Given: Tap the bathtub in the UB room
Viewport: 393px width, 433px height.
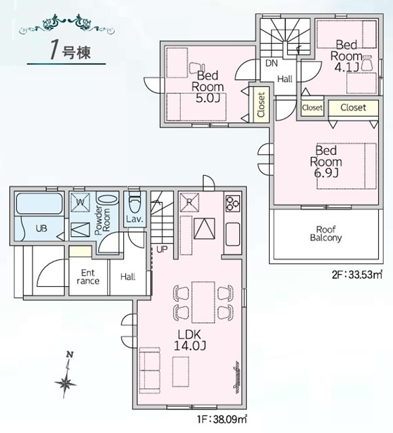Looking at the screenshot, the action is (x=39, y=204).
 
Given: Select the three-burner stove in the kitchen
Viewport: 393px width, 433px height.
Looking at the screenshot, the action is (x=232, y=203).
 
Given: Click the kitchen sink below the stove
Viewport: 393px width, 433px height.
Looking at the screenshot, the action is (x=232, y=235).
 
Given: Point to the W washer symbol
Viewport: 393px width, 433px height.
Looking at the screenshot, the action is (x=80, y=202).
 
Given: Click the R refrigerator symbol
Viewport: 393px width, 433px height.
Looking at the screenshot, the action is (x=190, y=202).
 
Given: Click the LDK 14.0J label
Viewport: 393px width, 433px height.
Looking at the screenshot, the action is (x=190, y=340).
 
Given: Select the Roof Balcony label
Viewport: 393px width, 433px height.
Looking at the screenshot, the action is (x=326, y=233).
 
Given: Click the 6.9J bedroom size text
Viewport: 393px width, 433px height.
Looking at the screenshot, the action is (x=326, y=173).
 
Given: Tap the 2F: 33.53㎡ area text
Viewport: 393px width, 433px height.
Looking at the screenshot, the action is (x=357, y=275).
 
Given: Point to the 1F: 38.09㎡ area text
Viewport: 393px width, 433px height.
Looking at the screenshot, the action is (x=222, y=419).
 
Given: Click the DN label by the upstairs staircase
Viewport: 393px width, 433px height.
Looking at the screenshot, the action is (x=271, y=63).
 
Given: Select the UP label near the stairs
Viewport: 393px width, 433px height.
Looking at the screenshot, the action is (x=162, y=250).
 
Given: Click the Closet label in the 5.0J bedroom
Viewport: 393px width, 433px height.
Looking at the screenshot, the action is (x=261, y=105).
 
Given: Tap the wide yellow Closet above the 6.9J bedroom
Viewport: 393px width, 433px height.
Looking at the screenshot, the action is (x=353, y=108).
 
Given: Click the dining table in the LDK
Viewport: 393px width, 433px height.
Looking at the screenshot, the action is (x=203, y=302).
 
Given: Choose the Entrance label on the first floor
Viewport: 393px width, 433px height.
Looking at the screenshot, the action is (x=88, y=277).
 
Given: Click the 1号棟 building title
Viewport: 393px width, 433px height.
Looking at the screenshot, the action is (x=70, y=51).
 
